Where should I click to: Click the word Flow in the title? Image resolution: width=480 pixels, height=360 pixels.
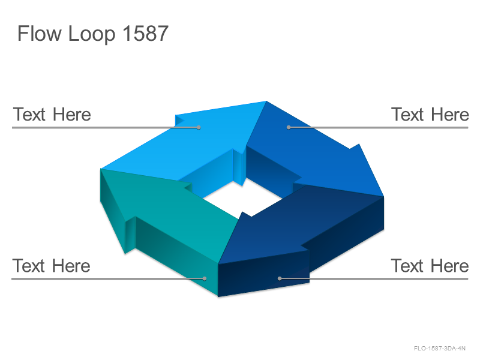pyautogui.click(x=40, y=33)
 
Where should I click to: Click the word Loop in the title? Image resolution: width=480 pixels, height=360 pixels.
pyautogui.click(x=92, y=34)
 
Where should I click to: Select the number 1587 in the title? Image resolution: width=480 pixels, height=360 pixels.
pyautogui.click(x=145, y=33)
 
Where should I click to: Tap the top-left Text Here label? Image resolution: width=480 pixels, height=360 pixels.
pyautogui.click(x=52, y=115)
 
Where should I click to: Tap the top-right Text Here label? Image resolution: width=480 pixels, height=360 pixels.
pyautogui.click(x=430, y=115)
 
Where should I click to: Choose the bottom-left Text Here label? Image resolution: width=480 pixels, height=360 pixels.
pyautogui.click(x=51, y=265)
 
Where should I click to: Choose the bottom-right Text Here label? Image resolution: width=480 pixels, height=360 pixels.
pyautogui.click(x=430, y=265)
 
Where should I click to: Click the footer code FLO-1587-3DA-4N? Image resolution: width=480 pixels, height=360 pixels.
pyautogui.click(x=440, y=348)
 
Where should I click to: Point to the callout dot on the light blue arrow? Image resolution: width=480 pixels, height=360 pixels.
pyautogui.click(x=199, y=127)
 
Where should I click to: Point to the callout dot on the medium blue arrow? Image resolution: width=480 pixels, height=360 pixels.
pyautogui.click(x=289, y=127)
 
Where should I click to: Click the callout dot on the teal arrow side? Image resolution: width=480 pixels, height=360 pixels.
pyautogui.click(x=205, y=278)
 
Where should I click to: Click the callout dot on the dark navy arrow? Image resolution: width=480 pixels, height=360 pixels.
pyautogui.click(x=280, y=278)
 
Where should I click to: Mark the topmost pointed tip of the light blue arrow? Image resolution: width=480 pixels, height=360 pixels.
pyautogui.click(x=266, y=101)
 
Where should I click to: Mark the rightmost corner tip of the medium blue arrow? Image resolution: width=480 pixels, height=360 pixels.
pyautogui.click(x=383, y=196)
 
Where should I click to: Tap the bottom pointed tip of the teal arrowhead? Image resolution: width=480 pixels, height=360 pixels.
pyautogui.click(x=125, y=253)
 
